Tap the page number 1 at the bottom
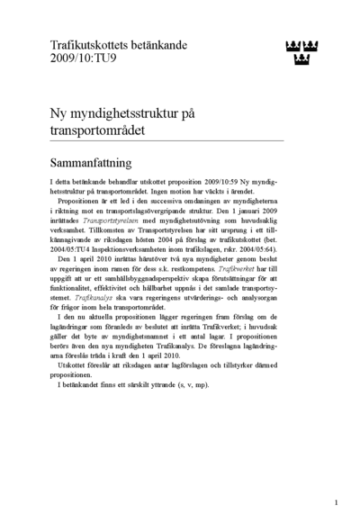(336, 502)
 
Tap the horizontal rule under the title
(166, 140)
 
